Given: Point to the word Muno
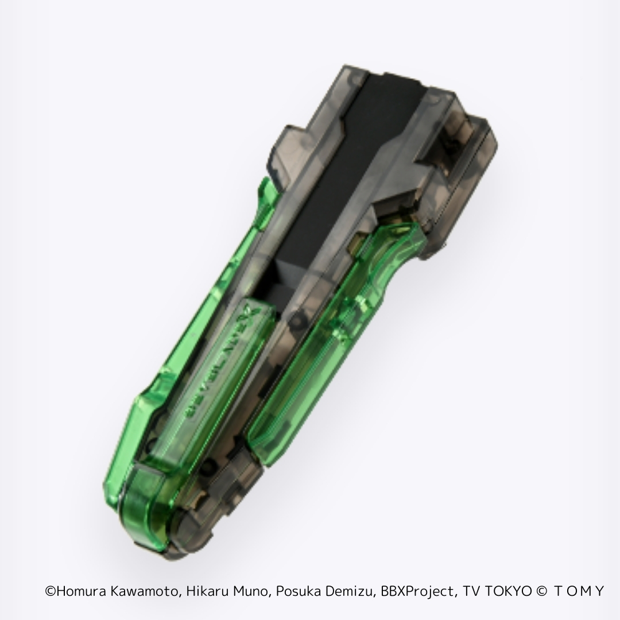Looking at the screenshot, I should (x=249, y=591).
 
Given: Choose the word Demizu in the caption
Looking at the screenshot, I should (x=351, y=591).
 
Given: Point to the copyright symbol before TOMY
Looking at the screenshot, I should (x=540, y=591).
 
